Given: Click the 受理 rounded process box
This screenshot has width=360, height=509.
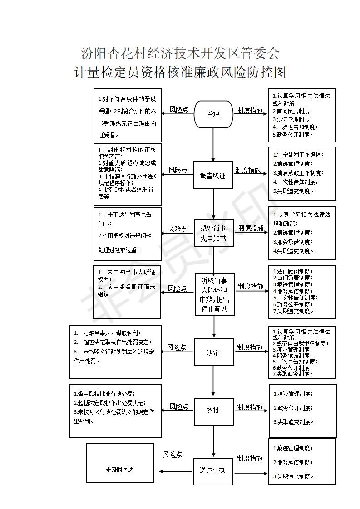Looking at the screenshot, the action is coord(213,114).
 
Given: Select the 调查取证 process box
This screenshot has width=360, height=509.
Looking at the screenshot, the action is coord(213,175).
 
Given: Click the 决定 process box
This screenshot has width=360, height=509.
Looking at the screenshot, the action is coord(213,352).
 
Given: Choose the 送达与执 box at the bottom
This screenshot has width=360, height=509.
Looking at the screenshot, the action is coord(213,471).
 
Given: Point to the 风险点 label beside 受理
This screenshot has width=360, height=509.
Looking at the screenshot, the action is coord(179,109).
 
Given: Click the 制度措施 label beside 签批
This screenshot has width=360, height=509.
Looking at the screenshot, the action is coord(250,407).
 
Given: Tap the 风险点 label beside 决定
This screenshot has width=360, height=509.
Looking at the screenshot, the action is coord(177,347).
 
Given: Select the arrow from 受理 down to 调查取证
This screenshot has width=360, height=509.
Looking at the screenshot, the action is coord(213,145).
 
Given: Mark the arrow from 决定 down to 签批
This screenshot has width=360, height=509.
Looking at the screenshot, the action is coord(213,382).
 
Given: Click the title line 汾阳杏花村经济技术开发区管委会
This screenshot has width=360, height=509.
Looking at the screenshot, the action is coord(180,53).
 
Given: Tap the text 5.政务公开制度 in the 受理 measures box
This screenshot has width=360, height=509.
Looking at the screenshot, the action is coord(293,135).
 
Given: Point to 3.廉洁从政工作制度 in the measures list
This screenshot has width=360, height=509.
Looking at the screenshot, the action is coord(298,173).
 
